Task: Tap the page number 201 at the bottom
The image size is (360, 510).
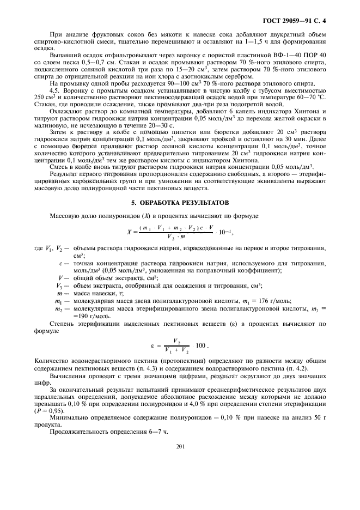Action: [x=181, y=446]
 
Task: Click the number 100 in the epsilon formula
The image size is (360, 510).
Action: [x=200, y=345]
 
